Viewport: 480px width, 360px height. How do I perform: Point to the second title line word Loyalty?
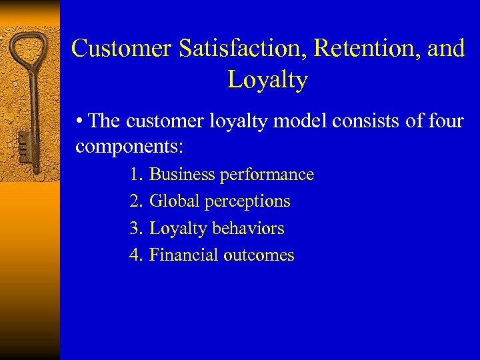tap(267, 79)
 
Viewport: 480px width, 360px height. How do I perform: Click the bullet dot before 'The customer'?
tap(80, 121)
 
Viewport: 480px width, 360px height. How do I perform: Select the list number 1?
tap(135, 175)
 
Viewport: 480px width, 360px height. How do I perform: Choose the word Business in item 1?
tap(182, 175)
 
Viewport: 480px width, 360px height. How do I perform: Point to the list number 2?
tap(135, 201)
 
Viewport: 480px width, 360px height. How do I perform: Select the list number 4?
tap(135, 255)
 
